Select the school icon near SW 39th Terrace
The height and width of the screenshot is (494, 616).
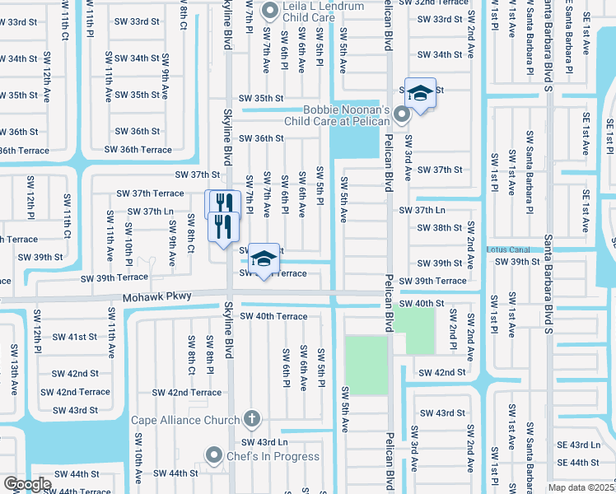263,260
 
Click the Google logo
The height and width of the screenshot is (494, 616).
26,484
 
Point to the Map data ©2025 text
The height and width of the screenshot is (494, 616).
581,487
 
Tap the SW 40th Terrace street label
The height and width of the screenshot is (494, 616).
273,316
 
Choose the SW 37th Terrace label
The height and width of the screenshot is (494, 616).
150,193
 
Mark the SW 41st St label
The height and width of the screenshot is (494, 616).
75,337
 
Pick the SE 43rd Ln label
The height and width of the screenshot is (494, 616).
578,445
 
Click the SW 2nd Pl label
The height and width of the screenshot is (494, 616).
453,330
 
